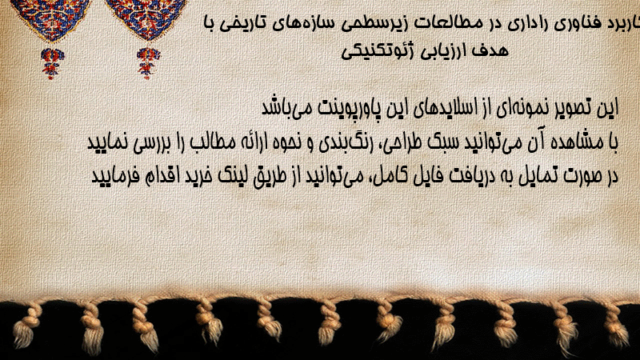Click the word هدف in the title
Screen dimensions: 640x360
click(490, 50)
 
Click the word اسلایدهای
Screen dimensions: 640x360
click(446, 108)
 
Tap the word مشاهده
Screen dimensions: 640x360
click(578, 142)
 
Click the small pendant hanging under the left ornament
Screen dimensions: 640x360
click(52, 63)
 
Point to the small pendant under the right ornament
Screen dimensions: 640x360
click(148, 63)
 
